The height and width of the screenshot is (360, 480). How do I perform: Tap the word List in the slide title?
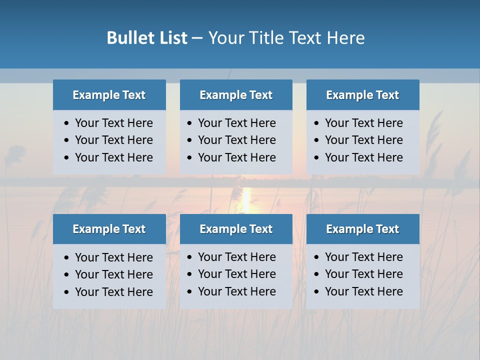(171, 38)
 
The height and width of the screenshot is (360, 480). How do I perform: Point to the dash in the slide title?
(197, 38)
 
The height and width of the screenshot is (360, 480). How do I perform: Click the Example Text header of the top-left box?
(109, 95)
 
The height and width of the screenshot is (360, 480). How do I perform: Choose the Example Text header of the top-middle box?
(236, 95)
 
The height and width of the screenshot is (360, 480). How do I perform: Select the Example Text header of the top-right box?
(362, 95)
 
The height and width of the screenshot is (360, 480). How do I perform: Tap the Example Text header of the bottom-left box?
(109, 229)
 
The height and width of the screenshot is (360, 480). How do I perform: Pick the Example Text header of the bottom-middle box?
(236, 229)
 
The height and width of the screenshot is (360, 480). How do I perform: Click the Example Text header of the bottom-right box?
(362, 229)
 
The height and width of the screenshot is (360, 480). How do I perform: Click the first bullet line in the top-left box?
(113, 123)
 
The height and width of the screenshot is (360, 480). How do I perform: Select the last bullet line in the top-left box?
(113, 157)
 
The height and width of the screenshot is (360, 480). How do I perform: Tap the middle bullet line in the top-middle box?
(236, 140)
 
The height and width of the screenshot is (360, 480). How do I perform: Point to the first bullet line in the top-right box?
(363, 123)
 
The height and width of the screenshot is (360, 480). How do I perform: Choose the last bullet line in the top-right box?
(363, 157)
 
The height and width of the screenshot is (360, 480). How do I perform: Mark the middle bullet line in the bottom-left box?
(113, 274)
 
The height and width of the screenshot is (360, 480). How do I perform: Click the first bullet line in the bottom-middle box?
(236, 257)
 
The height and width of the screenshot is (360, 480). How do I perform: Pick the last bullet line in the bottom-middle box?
(236, 291)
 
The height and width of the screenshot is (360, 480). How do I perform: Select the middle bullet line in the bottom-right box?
(363, 274)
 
